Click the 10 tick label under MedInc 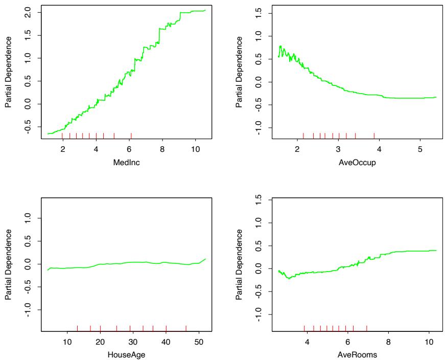click(x=195, y=148)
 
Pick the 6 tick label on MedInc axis click(x=129, y=148)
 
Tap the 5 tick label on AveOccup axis click(x=420, y=148)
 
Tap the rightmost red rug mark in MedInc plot click(x=131, y=136)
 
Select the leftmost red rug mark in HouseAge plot click(x=77, y=328)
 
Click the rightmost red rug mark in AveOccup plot click(x=374, y=136)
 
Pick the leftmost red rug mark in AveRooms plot click(x=305, y=328)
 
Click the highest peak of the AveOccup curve click(x=280, y=46)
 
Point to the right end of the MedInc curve click(x=205, y=10)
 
